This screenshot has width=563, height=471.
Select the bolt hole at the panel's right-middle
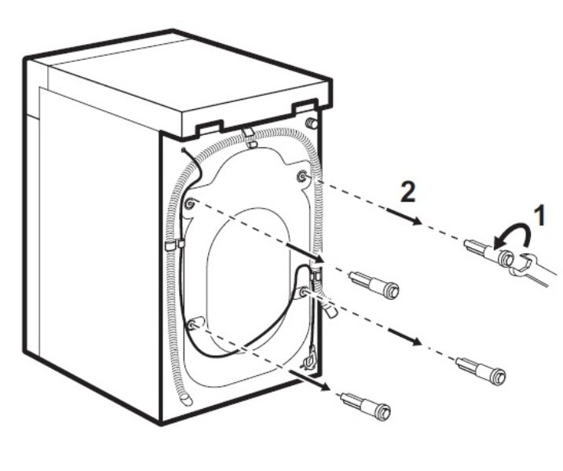click(302, 292)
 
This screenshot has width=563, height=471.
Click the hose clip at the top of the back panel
click(249, 144)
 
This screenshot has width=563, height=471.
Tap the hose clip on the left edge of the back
click(172, 246)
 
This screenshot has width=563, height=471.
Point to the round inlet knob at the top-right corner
click(312, 123)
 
